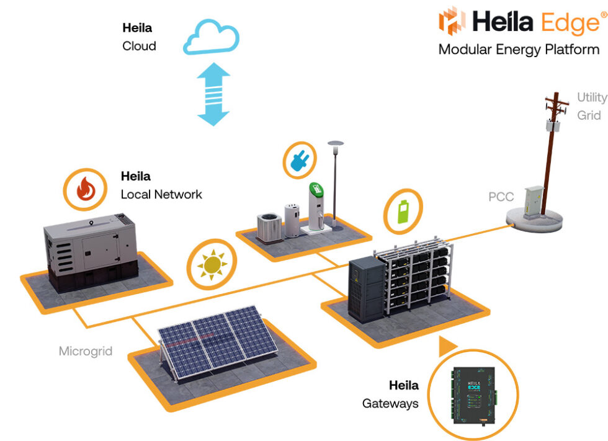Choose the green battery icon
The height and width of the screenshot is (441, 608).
pyautogui.click(x=403, y=212)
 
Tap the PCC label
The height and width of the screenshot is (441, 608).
pyautogui.click(x=501, y=197)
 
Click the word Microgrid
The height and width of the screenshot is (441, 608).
pyautogui.click(x=86, y=351)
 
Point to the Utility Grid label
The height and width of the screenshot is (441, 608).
pyautogui.click(x=591, y=106)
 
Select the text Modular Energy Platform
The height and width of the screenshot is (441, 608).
pyautogui.click(x=519, y=50)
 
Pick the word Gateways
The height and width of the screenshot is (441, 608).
pyautogui.click(x=390, y=404)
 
